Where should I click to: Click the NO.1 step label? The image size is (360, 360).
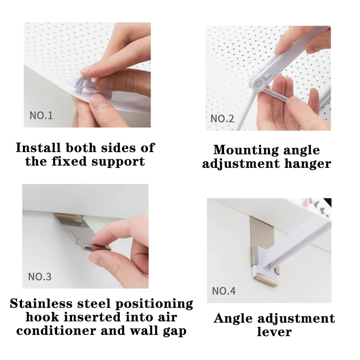click(41, 115)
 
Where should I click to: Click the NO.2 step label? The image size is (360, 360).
click(222, 119)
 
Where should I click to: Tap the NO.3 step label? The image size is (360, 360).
click(40, 276)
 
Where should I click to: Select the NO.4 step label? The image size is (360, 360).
click(224, 291)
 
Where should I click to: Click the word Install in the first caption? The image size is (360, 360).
click(39, 148)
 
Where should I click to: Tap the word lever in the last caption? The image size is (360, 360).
click(274, 333)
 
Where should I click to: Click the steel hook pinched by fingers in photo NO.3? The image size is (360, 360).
click(95, 247)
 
